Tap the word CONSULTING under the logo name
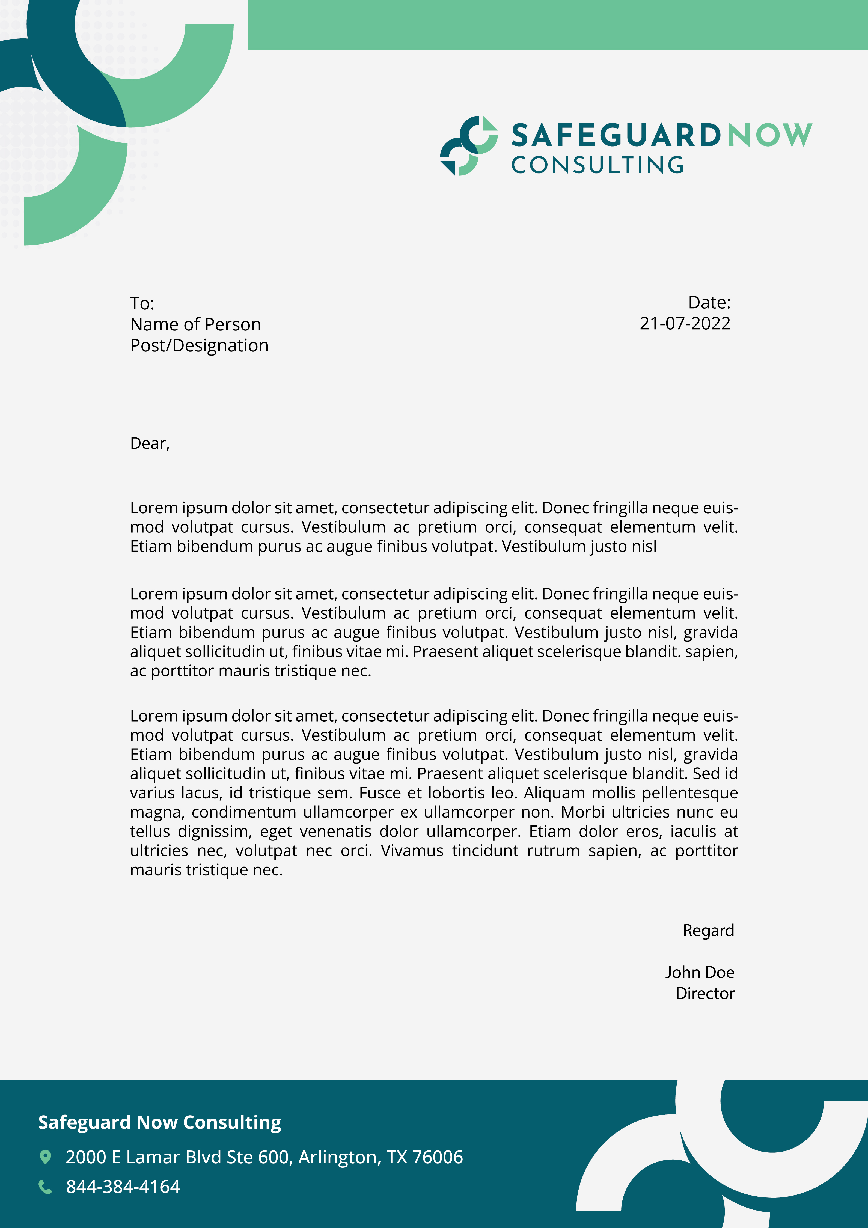tap(598, 165)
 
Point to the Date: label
tap(709, 303)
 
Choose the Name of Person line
tap(195, 325)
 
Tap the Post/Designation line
tap(199, 345)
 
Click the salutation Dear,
tap(150, 443)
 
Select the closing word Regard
tap(708, 931)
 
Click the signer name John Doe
tap(700, 972)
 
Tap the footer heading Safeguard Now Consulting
tap(159, 1122)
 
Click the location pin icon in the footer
tap(46, 1157)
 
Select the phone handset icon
tap(46, 1187)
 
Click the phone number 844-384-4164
tap(123, 1187)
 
